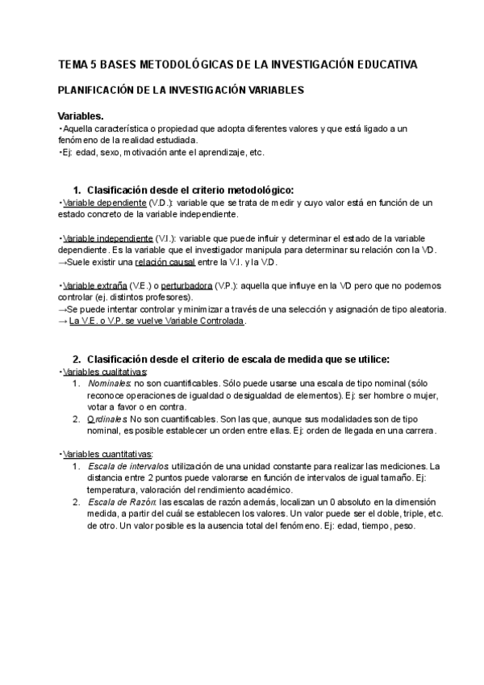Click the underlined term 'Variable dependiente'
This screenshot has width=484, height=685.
click(104, 202)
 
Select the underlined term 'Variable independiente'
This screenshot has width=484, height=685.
click(107, 238)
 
